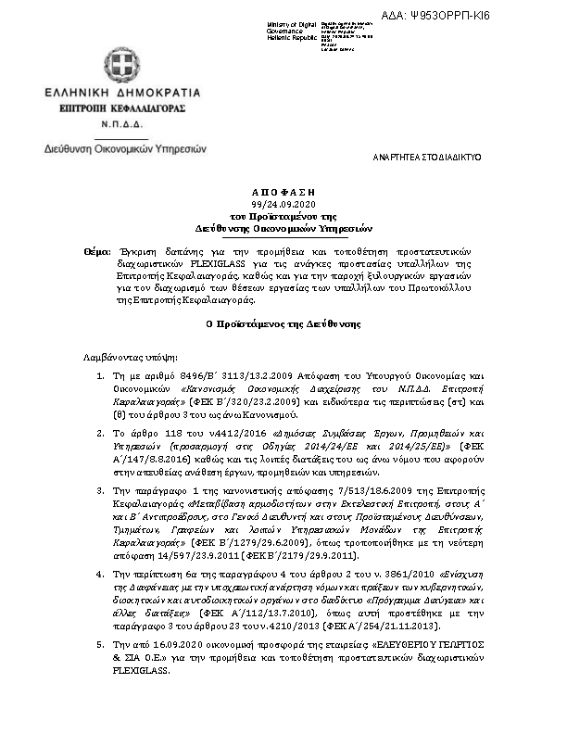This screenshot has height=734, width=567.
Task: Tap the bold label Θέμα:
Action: [x=94, y=252]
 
